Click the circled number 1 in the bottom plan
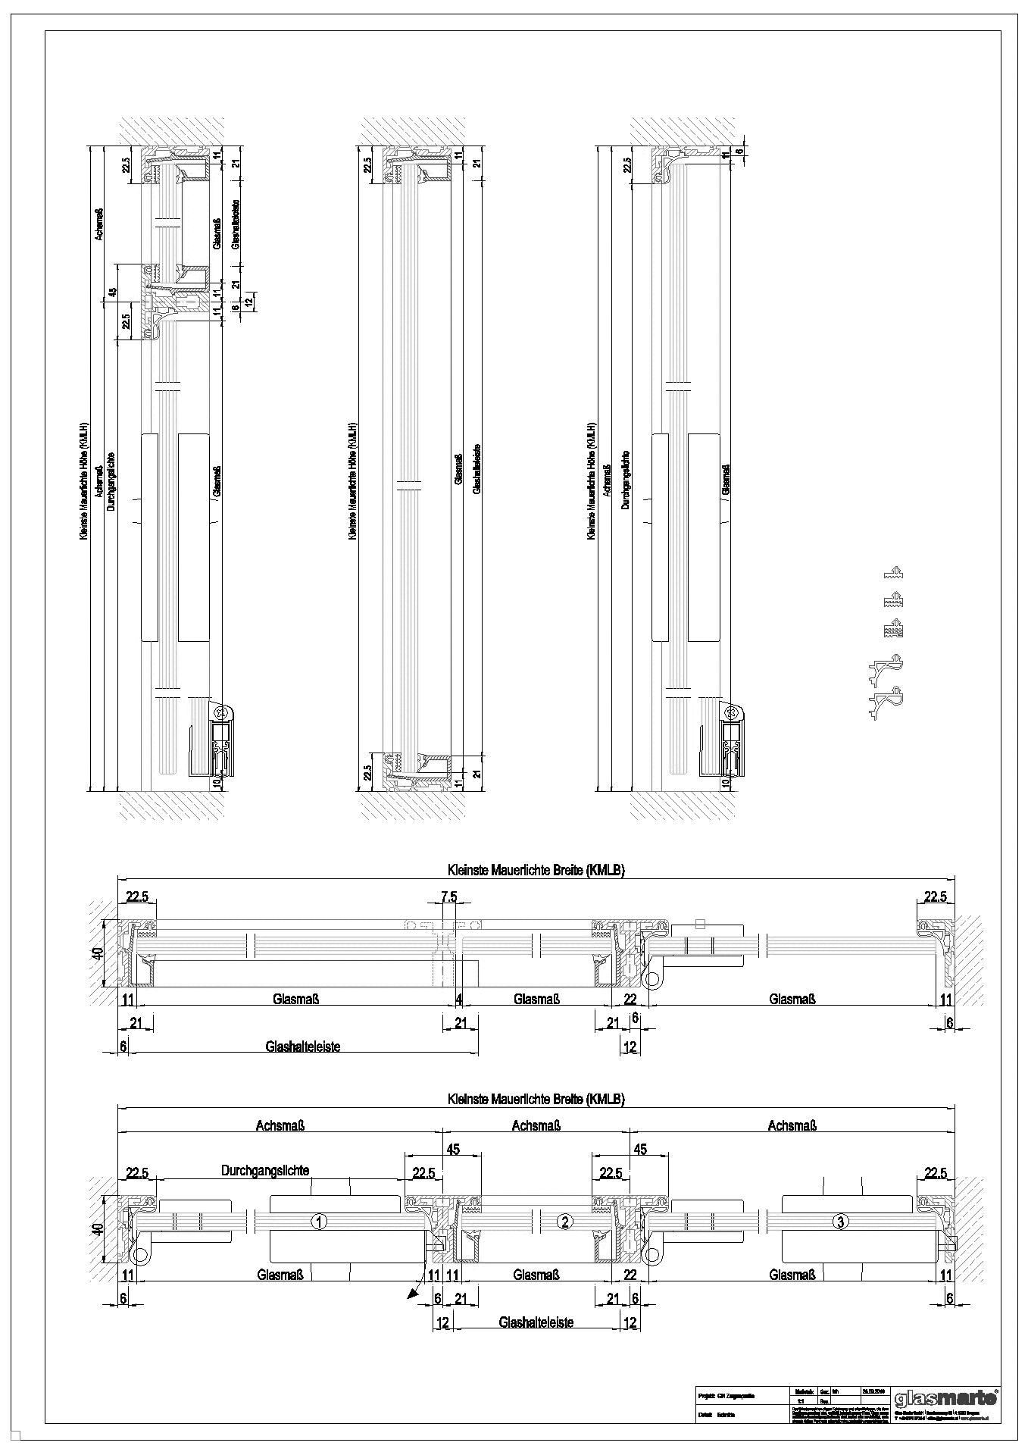point(320,1221)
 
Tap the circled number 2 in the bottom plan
point(564,1221)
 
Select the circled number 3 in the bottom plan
point(839,1221)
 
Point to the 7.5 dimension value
point(449,897)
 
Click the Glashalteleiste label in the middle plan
point(303,1047)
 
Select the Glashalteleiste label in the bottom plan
point(536,1322)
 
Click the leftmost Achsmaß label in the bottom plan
point(280,1126)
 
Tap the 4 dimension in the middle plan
point(459,1000)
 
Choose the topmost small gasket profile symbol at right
point(895,573)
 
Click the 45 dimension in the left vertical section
point(112,293)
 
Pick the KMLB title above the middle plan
point(536,871)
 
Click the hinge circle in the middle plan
point(651,981)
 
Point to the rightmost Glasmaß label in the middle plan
point(792,1000)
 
